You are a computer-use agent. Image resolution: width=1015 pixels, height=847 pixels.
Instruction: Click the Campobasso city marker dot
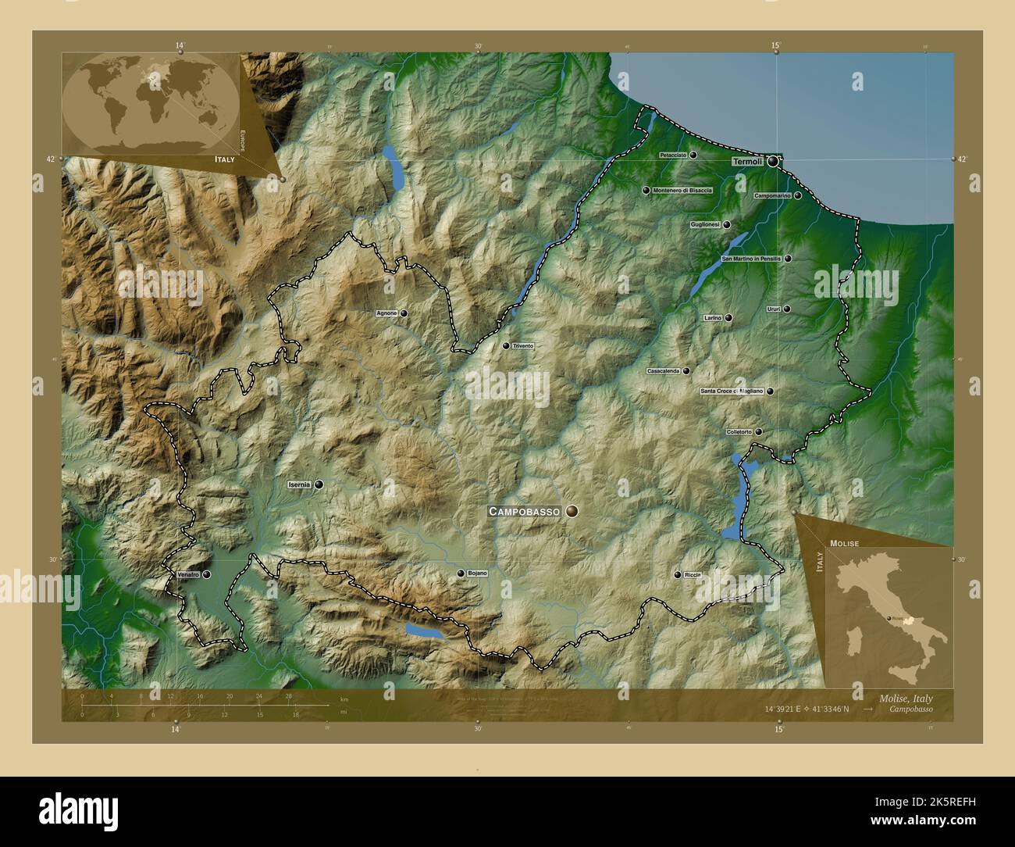click(573, 511)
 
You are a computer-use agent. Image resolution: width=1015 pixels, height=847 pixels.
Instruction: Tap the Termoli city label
click(746, 162)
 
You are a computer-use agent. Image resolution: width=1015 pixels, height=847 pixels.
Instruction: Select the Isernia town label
click(299, 484)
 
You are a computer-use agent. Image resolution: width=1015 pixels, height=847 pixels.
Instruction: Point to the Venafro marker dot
click(207, 574)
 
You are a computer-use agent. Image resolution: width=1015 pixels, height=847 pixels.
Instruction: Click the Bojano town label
click(477, 574)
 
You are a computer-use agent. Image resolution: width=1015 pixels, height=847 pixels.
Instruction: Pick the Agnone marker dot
click(404, 313)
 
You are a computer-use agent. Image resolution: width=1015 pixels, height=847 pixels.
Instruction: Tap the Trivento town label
click(523, 345)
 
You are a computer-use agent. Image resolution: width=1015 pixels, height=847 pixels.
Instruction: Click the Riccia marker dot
click(678, 574)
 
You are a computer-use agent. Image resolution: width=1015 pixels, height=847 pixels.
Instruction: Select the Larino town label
click(712, 318)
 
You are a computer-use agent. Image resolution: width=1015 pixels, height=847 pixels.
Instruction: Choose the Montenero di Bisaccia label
click(683, 190)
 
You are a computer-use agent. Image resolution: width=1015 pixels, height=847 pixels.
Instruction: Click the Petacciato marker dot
click(693, 155)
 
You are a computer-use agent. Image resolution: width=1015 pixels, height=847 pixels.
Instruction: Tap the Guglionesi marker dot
click(727, 224)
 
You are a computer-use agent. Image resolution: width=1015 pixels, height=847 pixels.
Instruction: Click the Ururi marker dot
click(787, 309)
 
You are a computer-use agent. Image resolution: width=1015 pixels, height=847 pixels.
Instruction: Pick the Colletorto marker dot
click(758, 431)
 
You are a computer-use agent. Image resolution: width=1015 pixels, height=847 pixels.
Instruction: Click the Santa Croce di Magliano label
click(732, 391)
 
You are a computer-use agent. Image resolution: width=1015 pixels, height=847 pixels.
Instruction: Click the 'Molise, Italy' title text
click(905, 698)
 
